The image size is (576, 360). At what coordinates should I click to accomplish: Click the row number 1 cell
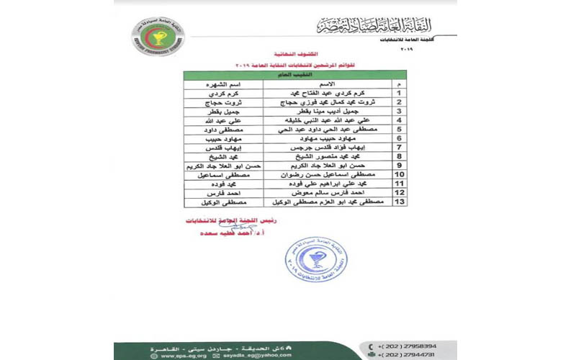(x=397, y=94)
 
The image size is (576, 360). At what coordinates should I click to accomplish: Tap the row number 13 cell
(x=397, y=202)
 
